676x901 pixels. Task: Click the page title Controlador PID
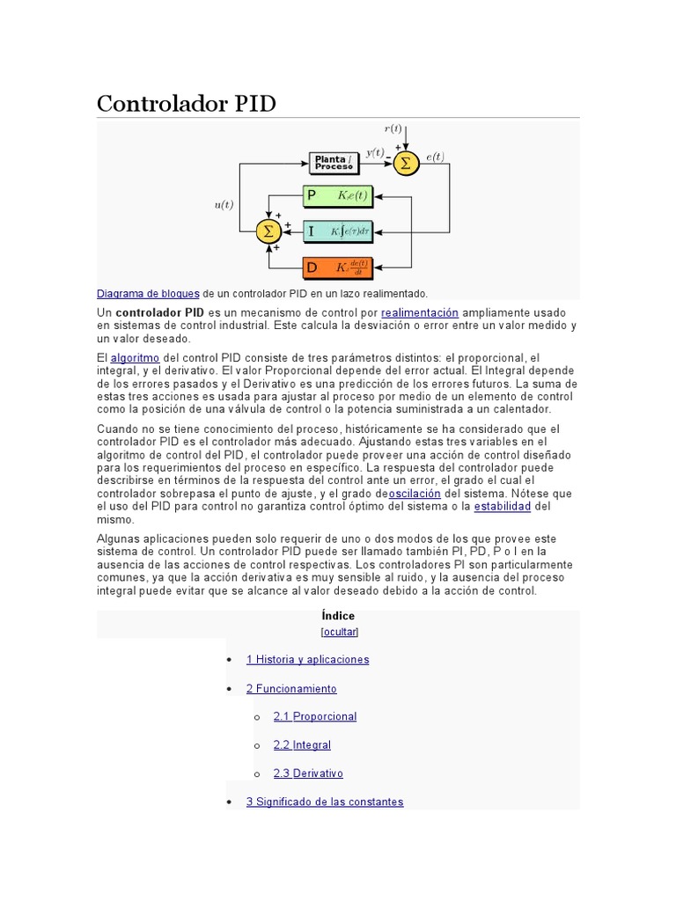click(186, 104)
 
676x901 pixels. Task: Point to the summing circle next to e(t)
click(406, 163)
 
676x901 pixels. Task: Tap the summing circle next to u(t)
click(268, 231)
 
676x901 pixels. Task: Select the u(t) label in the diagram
click(224, 205)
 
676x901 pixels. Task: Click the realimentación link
click(420, 312)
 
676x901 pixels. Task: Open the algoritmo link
click(135, 358)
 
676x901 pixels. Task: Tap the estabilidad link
click(503, 507)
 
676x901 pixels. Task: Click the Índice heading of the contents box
click(339, 616)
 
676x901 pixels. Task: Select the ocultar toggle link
click(340, 632)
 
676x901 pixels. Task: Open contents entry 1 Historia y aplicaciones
click(307, 660)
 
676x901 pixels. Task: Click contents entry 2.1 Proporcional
click(314, 717)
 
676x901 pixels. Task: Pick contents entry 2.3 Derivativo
click(308, 773)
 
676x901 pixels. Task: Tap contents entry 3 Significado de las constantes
click(324, 802)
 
